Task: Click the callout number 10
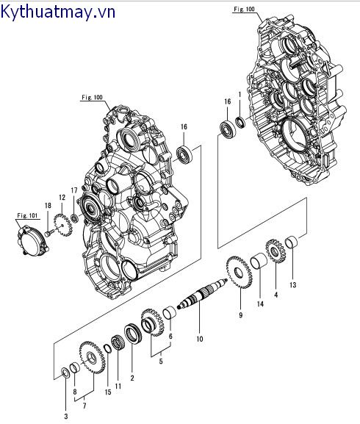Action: pyautogui.click(x=199, y=339)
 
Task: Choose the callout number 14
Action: pyautogui.click(x=260, y=303)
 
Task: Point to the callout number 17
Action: pyautogui.click(x=73, y=191)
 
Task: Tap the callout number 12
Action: pyautogui.click(x=62, y=197)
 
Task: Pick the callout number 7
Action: pyautogui.click(x=84, y=406)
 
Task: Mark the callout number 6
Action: pyautogui.click(x=171, y=336)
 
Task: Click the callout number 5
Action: pyautogui.click(x=160, y=361)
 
